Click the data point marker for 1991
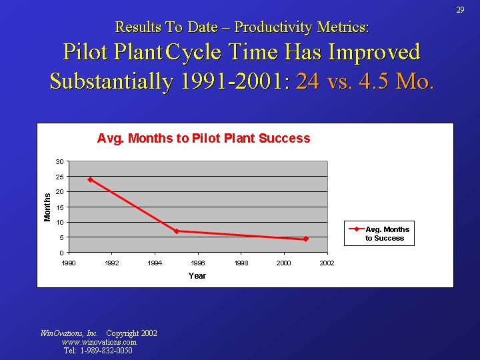pos(90,179)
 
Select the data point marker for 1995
pos(177,231)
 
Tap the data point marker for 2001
pos(306,239)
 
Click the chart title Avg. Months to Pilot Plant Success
pos(203,139)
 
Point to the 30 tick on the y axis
pos(60,161)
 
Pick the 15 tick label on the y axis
pos(60,207)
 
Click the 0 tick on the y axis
pos(62,253)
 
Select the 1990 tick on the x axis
pos(68,263)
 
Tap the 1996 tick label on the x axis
pos(198,263)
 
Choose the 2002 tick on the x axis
pos(327,263)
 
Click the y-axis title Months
pos(47,207)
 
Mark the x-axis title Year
pos(197,276)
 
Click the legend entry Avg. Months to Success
pos(387,233)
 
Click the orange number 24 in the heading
pos(307,81)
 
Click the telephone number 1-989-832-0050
pos(106,351)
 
